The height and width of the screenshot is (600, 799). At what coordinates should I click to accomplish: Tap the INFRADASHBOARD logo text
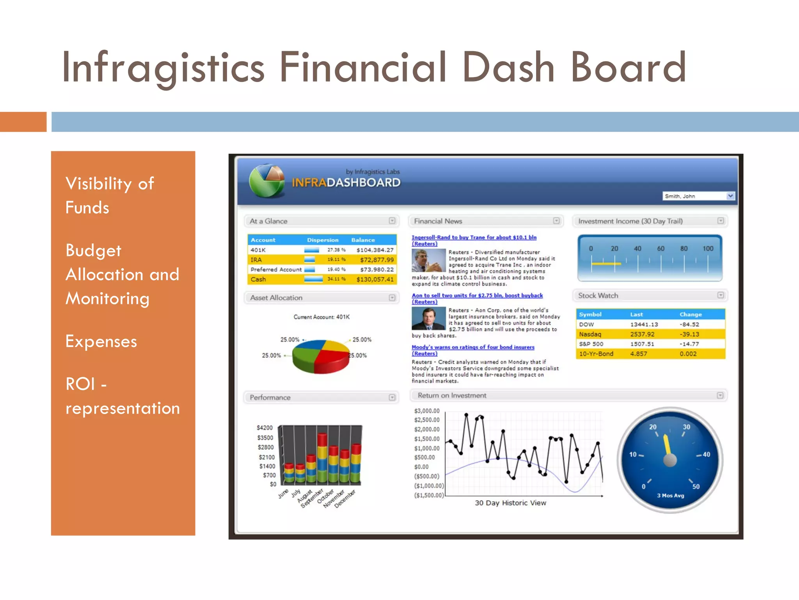[346, 182]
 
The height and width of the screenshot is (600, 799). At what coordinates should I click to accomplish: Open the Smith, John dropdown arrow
[730, 196]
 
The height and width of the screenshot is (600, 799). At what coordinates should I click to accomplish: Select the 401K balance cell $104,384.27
[375, 250]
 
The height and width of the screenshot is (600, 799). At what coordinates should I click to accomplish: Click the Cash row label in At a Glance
[258, 279]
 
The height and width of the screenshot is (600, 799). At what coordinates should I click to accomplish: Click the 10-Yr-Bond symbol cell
[596, 354]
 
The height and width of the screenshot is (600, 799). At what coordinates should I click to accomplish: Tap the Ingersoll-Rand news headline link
[474, 237]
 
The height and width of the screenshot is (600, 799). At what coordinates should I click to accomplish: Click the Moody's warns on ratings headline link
[473, 347]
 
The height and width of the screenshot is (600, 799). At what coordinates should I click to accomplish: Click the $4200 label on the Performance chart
[265, 428]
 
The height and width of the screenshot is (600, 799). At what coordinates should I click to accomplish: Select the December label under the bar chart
[345, 498]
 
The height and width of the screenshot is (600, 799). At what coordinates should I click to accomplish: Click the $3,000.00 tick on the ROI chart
[427, 411]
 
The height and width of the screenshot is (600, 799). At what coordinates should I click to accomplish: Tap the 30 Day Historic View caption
[510, 503]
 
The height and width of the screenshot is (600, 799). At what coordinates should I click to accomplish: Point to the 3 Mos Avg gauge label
[670, 496]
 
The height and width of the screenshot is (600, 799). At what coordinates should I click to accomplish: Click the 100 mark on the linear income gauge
[708, 248]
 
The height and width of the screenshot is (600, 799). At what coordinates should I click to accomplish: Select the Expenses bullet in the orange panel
[101, 341]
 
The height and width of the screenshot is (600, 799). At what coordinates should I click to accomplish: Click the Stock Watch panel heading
[598, 296]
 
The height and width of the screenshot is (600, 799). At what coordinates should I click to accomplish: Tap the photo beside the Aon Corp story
[428, 318]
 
